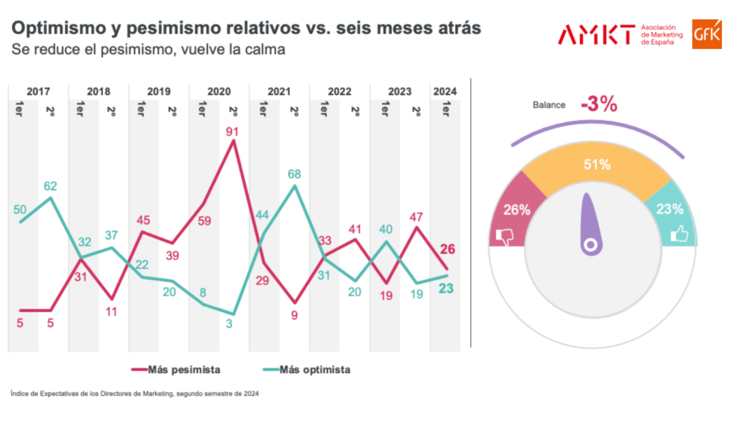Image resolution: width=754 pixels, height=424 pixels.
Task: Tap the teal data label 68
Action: pos(294,174)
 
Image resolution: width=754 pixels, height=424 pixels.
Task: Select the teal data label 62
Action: pos(50,185)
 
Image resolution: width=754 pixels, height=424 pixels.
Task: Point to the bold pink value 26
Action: pos(448,249)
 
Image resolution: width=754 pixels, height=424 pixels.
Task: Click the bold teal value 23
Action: pos(446,288)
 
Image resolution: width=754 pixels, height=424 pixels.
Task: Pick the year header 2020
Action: pos(219,91)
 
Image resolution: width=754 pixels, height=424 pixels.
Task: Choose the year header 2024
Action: pos(445,91)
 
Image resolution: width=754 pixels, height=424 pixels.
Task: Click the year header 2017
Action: pos(38,91)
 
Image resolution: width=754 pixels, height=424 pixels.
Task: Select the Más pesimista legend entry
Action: pos(176,370)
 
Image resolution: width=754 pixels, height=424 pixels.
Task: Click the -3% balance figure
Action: pos(598,104)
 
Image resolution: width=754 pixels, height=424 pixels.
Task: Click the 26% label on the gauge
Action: pos(517,210)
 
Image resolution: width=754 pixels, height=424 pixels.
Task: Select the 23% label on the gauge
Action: pos(670,209)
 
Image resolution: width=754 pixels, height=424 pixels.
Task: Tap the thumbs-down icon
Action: pos(504,235)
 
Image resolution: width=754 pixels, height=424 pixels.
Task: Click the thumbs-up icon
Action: pos(680,235)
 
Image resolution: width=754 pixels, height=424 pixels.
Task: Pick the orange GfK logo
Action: pos(706,34)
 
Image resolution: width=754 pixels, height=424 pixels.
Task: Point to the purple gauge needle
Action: pos(589,224)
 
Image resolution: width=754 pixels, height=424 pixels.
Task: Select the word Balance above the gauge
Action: pos(548,105)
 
